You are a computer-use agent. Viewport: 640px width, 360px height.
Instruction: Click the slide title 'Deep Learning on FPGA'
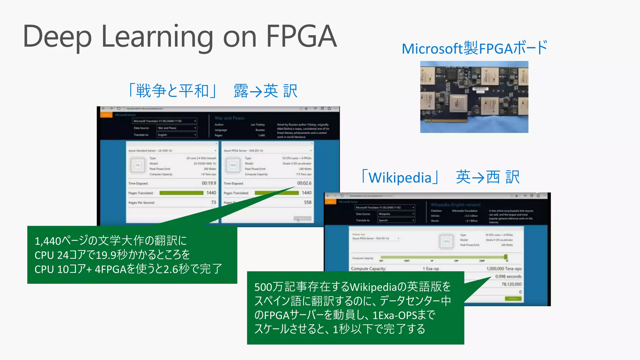[x=180, y=37]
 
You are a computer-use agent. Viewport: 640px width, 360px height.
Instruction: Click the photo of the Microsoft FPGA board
[x=474, y=97]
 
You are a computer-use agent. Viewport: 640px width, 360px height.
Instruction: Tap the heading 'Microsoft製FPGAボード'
[x=474, y=48]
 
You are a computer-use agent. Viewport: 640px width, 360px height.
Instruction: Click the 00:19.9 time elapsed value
[x=209, y=183]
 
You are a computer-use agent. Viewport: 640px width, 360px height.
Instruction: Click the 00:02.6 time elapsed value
[x=304, y=183]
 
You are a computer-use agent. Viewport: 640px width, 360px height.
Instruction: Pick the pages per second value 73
[x=213, y=202]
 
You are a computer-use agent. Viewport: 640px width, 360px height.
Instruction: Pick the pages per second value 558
[x=307, y=202]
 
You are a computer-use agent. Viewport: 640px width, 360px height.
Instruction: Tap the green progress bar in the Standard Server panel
[x=181, y=193]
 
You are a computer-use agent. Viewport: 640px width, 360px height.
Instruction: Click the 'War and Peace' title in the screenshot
[x=229, y=118]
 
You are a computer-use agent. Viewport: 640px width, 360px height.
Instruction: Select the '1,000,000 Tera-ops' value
[x=504, y=269]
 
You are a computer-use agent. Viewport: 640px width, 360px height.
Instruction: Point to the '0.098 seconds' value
[x=508, y=277]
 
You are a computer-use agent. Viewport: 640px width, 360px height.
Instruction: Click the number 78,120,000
[x=511, y=284]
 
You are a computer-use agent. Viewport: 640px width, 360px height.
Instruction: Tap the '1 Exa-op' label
[x=431, y=269]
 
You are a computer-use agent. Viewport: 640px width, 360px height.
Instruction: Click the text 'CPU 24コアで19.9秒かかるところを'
[x=112, y=255]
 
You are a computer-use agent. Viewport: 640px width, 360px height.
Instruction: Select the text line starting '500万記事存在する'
[x=352, y=287]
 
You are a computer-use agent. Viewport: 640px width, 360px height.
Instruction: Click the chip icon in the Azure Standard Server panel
[x=137, y=165]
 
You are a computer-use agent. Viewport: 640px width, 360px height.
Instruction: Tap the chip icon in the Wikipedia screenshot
[x=446, y=241]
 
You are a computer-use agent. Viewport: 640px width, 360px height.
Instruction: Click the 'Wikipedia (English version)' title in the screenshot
[x=455, y=205]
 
